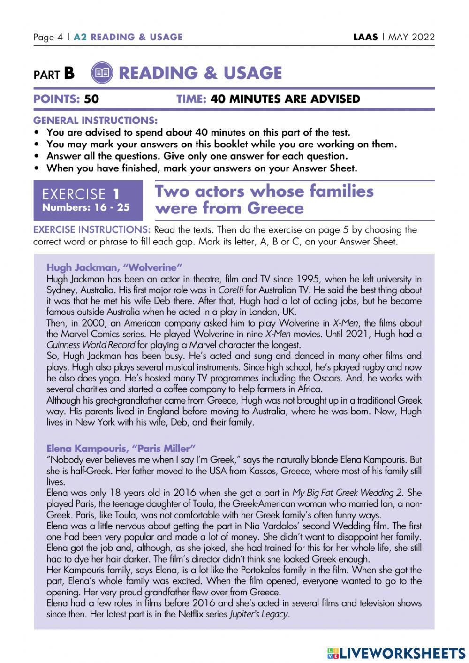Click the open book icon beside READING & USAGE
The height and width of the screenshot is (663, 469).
tap(102, 73)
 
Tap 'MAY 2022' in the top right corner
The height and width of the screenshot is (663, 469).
tap(411, 37)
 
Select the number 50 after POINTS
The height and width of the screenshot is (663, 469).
tap(91, 99)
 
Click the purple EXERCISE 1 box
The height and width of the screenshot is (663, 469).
tap(88, 200)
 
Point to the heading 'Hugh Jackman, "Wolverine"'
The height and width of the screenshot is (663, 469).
tap(114, 267)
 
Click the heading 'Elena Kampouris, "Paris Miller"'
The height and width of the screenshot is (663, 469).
tap(121, 448)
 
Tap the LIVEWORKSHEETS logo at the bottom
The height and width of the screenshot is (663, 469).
tap(396, 653)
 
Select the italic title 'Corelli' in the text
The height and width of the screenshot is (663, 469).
tap(231, 290)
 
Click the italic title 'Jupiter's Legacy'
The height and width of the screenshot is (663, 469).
tap(259, 614)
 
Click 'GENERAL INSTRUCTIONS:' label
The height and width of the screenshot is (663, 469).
tap(95, 121)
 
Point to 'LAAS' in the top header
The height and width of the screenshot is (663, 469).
tap(365, 37)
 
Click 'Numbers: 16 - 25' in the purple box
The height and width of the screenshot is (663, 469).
tap(86, 207)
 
